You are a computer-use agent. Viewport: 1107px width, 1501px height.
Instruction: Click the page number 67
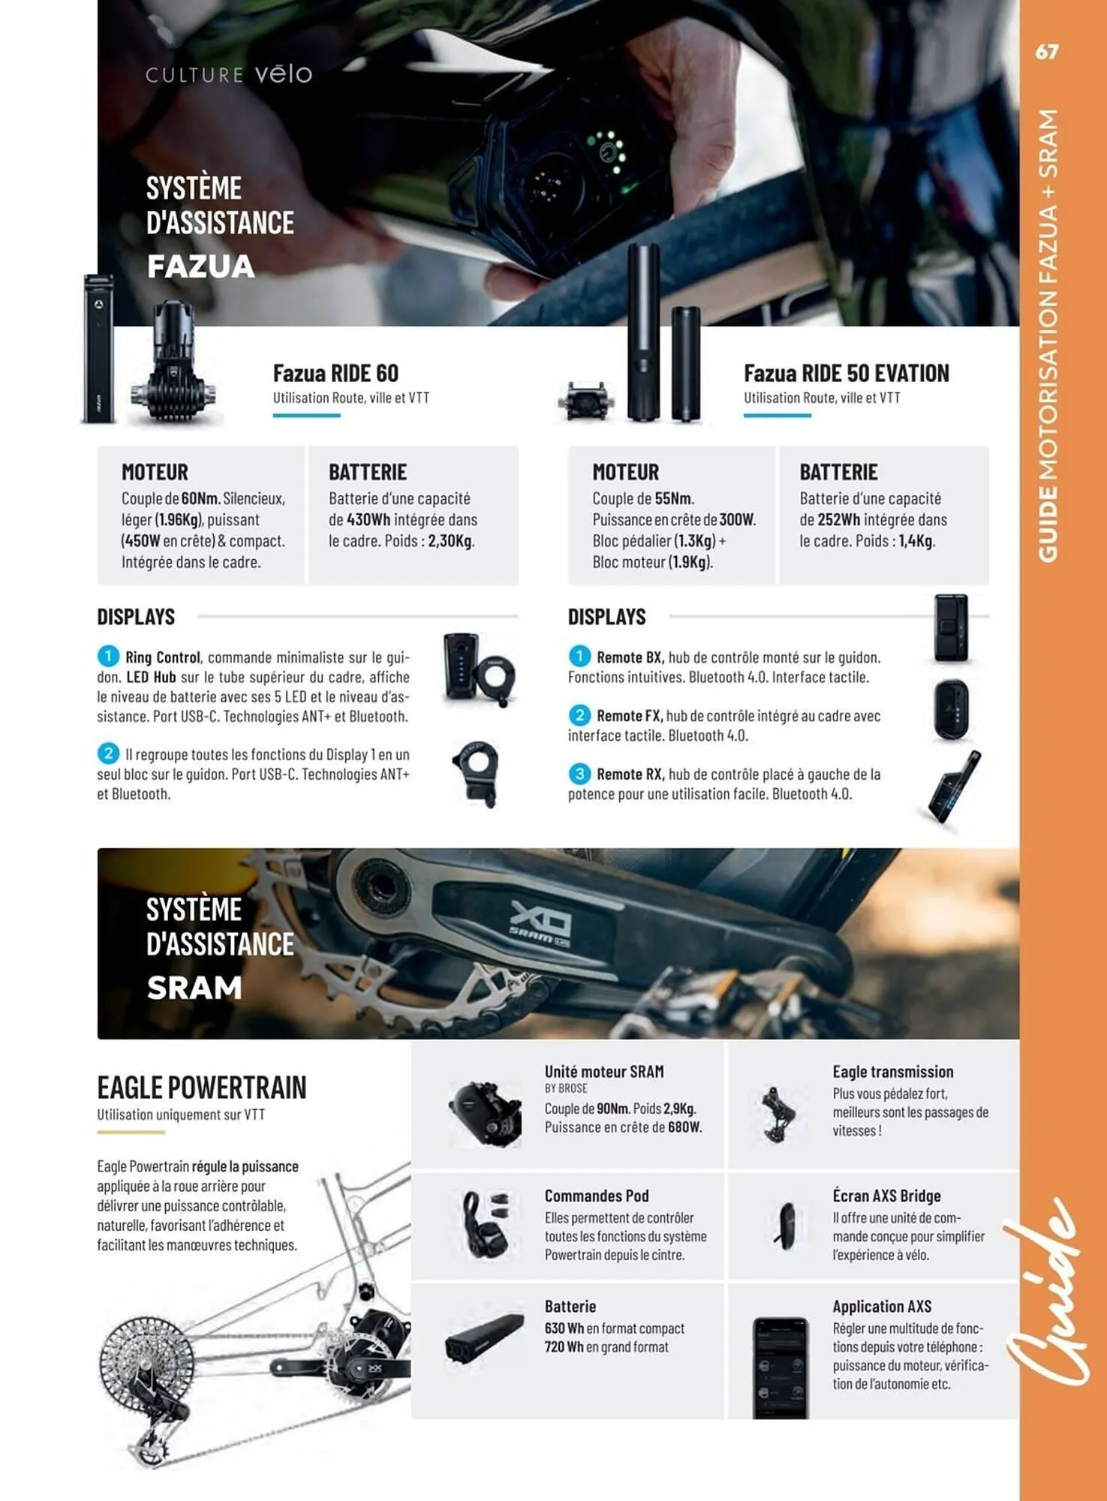1046,52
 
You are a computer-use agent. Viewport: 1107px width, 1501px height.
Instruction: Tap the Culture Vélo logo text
228,74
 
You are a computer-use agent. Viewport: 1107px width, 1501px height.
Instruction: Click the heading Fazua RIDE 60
335,373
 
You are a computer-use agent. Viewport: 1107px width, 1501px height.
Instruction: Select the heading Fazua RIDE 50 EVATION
846,373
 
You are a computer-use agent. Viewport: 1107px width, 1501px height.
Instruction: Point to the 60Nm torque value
200,498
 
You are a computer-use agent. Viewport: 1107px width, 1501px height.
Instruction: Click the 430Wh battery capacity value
368,519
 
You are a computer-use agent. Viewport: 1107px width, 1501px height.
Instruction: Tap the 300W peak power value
736,519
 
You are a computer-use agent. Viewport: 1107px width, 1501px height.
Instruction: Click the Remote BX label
629,657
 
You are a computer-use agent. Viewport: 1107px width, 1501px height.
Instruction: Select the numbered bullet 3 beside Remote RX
579,774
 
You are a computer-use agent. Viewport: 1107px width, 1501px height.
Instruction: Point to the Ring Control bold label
162,657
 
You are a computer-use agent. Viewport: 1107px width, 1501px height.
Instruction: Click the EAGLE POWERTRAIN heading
201,1087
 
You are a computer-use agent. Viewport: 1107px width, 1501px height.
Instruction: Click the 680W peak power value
684,1127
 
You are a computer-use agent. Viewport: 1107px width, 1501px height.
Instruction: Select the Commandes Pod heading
596,1196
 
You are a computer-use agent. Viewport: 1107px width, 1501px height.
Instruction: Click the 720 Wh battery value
564,1347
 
